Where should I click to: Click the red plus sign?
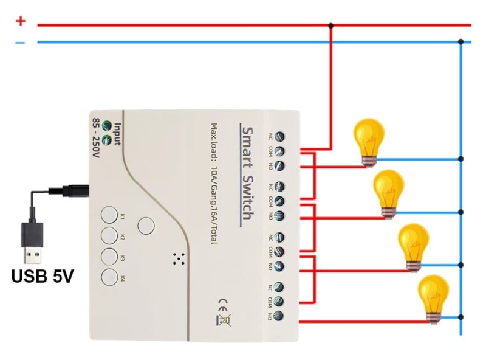(21, 21)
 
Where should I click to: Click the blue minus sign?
(21, 43)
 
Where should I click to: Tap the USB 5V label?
(43, 277)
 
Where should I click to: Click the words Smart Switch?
(247, 176)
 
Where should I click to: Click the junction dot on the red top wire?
(330, 26)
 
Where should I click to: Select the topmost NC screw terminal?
(280, 136)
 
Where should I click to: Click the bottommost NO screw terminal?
(280, 316)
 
